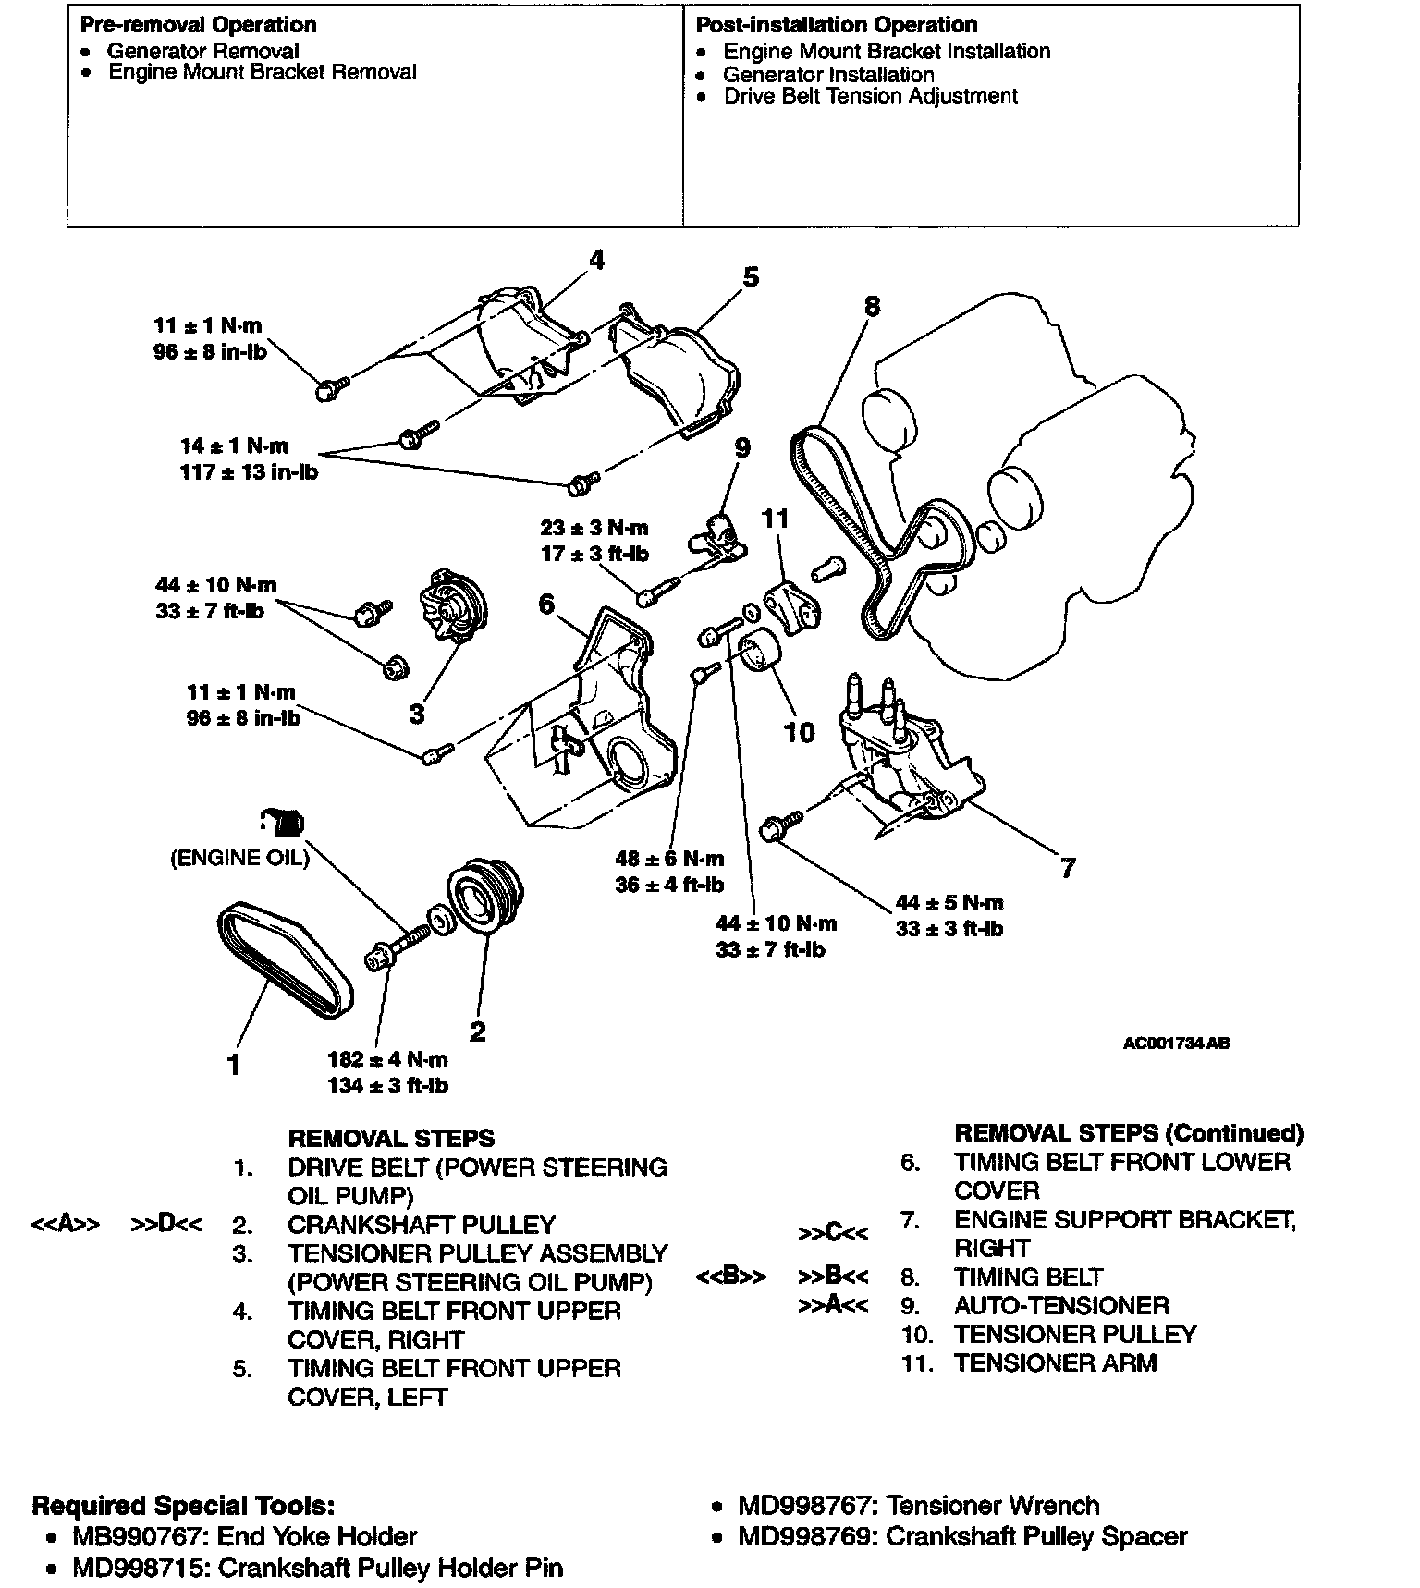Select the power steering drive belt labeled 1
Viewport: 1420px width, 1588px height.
tap(285, 962)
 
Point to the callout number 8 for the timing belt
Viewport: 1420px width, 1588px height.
tap(871, 306)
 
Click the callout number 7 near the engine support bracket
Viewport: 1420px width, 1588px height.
tap(1068, 868)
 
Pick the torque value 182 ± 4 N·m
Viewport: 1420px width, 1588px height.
tap(387, 1059)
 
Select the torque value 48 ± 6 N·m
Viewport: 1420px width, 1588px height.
tap(670, 859)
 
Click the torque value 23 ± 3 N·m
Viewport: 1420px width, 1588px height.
tap(594, 528)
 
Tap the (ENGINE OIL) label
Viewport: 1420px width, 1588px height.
tap(239, 858)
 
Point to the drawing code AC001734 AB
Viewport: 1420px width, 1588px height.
tap(1176, 1044)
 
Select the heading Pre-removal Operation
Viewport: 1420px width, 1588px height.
tap(198, 25)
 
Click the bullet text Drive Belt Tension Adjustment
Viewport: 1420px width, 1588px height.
tap(870, 96)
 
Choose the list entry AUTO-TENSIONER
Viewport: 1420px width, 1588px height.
tap(1061, 1305)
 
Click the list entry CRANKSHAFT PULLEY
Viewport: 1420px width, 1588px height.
tap(422, 1225)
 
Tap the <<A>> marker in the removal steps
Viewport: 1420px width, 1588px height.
tap(66, 1225)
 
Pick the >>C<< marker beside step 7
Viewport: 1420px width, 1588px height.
tap(833, 1233)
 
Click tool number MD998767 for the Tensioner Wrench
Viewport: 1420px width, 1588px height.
tap(805, 1506)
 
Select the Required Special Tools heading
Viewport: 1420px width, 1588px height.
tap(183, 1506)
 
